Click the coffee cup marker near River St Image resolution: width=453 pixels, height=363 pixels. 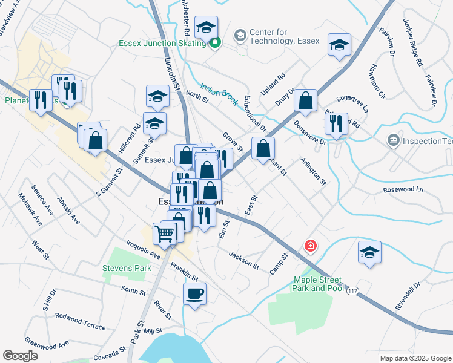click(194, 294)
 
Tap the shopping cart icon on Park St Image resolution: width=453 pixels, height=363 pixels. click(165, 232)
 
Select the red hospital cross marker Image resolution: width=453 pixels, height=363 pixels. click(310, 246)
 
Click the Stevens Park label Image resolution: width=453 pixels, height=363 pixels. click(127, 267)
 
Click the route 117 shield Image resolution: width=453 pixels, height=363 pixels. click(353, 292)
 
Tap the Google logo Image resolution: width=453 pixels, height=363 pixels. click(20, 356)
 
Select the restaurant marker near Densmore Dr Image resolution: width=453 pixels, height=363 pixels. click(336, 123)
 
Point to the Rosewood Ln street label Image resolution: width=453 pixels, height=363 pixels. click(403, 190)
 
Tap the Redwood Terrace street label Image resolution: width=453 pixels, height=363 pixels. click(80, 320)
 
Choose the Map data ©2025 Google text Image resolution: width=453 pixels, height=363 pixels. click(415, 358)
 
